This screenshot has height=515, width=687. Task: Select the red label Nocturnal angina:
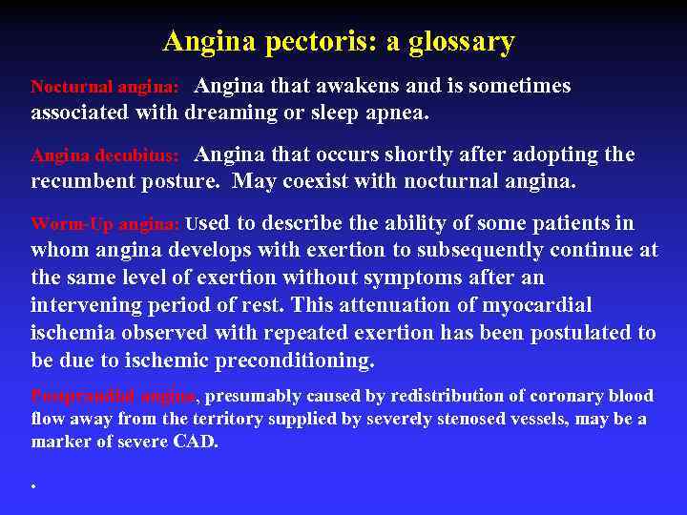[x=105, y=87]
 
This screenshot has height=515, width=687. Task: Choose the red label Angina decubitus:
[x=105, y=155]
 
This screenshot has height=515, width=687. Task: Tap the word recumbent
[x=84, y=181]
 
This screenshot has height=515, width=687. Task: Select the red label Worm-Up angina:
[x=105, y=225]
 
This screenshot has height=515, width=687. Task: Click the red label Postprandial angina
[x=114, y=396]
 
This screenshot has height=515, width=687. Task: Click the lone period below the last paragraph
[x=33, y=486]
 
